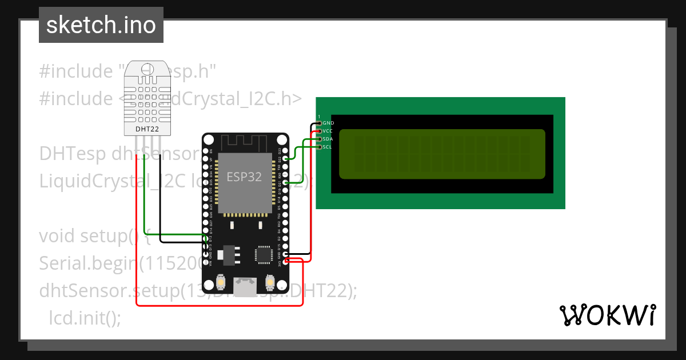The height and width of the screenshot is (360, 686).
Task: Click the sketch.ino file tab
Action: tap(101, 25)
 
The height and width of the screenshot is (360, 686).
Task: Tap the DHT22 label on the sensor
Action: tap(147, 129)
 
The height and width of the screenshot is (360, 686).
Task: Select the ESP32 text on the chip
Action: tap(244, 177)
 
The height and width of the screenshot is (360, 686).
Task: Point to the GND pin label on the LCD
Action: tap(328, 123)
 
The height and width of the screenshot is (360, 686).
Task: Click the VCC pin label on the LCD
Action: tap(328, 131)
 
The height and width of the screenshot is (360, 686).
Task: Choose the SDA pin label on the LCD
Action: tap(328, 139)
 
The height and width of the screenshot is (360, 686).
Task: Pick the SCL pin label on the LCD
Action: tap(327, 147)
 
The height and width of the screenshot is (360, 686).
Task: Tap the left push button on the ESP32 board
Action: tap(221, 282)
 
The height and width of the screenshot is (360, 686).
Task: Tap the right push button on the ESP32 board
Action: tap(270, 282)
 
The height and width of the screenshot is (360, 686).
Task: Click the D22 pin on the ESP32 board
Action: tap(285, 159)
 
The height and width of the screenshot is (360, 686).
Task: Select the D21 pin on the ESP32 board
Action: tap(285, 183)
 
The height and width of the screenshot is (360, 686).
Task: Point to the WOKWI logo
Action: tap(607, 315)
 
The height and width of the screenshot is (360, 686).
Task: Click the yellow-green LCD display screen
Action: tap(441, 154)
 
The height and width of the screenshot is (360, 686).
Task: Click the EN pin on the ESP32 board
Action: tap(206, 150)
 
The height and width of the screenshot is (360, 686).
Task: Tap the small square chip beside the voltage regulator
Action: tap(264, 254)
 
